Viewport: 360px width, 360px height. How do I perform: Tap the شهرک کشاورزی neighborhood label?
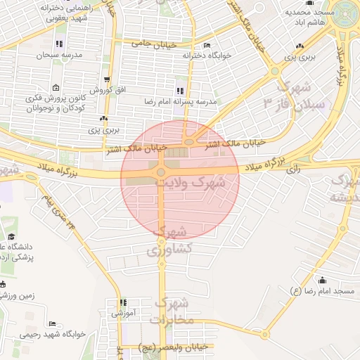(x=169, y=240)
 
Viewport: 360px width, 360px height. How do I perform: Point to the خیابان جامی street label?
(x=153, y=44)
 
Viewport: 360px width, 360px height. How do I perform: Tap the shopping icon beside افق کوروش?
(x=106, y=79)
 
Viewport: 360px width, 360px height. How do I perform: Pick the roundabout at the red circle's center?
(x=161, y=172)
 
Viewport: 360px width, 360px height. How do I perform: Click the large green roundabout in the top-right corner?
(x=345, y=12)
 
